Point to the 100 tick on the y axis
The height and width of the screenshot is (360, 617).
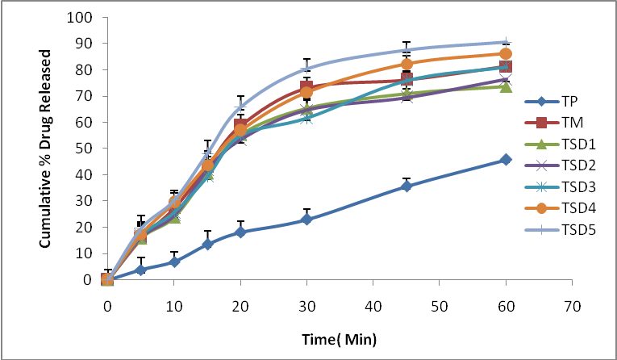point(81,17)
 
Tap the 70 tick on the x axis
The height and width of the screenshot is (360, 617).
point(572,308)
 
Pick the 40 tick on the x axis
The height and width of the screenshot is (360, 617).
point(373,308)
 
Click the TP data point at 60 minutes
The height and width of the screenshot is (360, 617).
point(506,160)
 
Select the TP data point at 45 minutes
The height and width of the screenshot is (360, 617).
point(406,186)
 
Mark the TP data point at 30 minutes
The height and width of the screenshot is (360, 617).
point(306,220)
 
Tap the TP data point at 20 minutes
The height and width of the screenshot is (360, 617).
point(240,232)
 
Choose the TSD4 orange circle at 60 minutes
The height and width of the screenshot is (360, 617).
point(506,54)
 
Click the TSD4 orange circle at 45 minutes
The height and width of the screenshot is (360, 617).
point(406,64)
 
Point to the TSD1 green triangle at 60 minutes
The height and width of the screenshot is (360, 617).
point(506,86)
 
